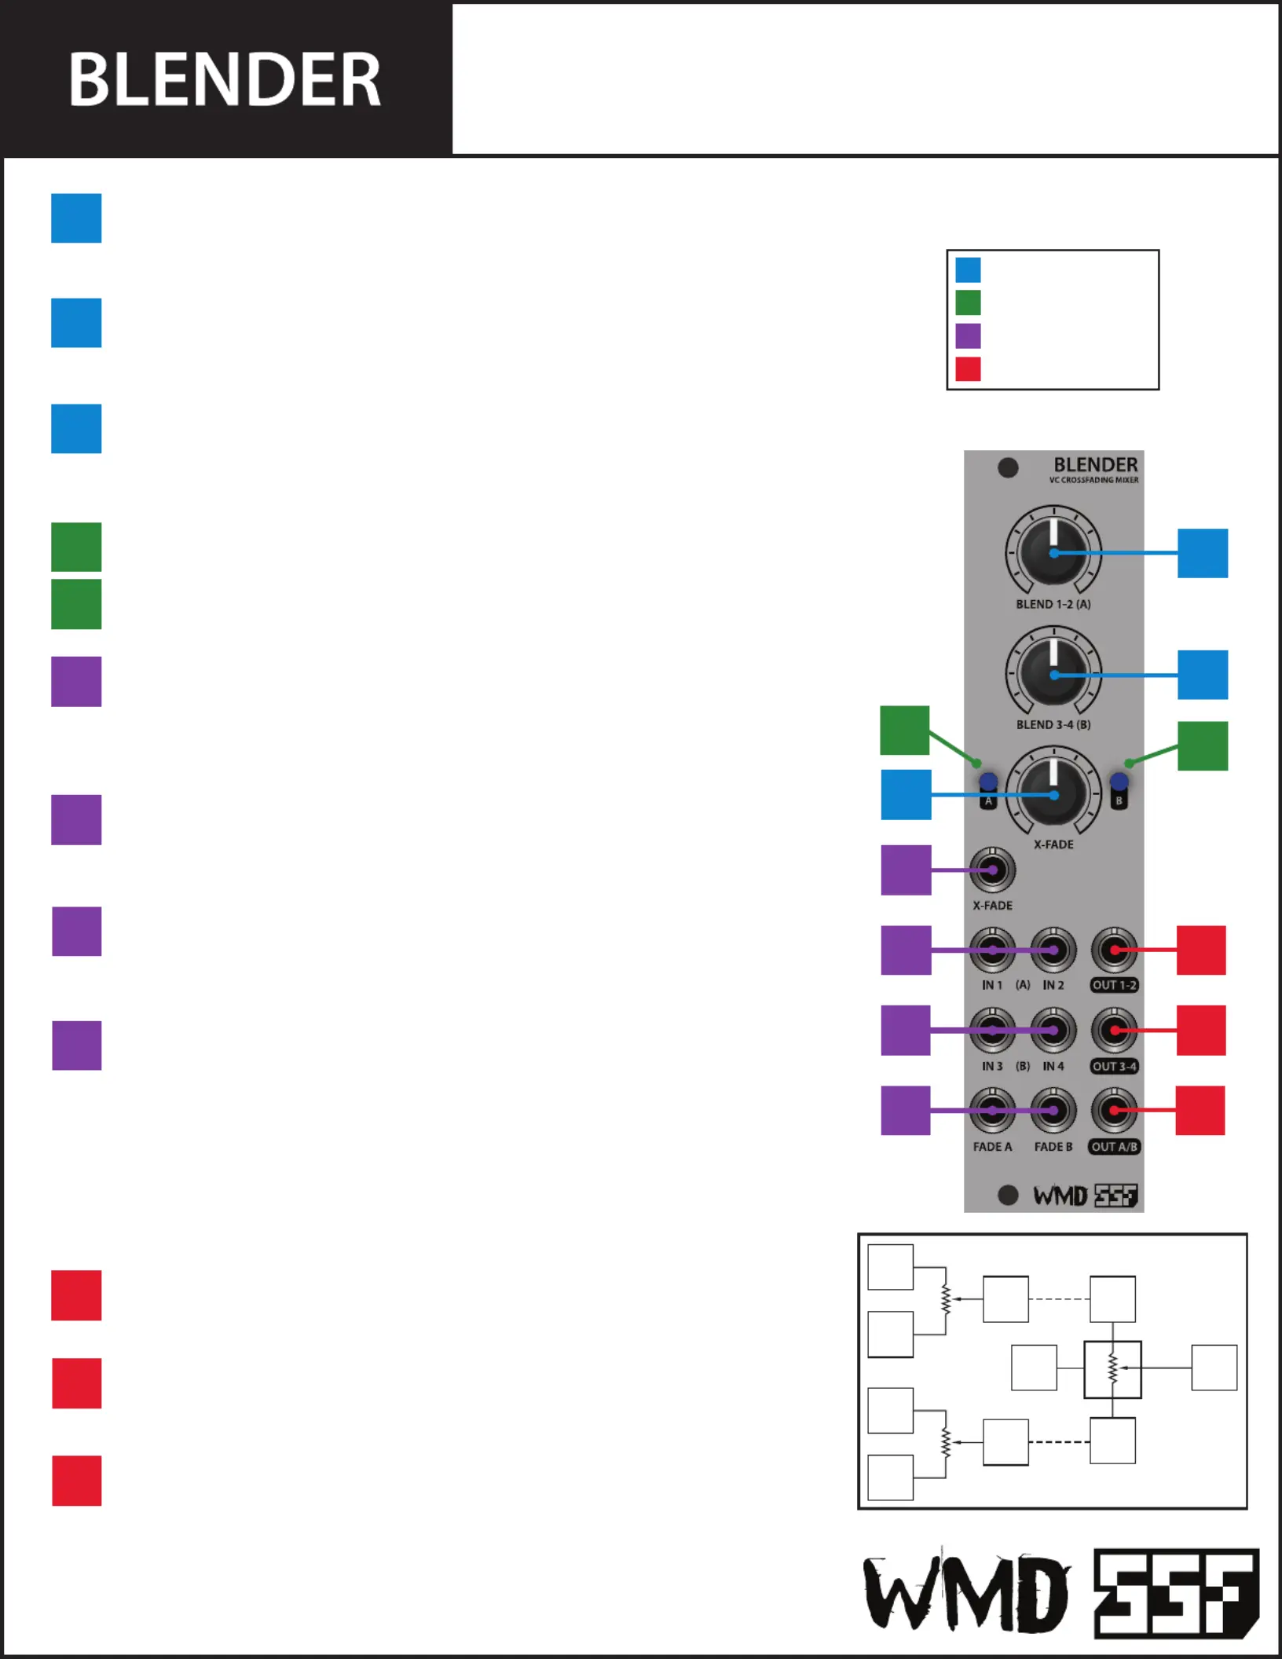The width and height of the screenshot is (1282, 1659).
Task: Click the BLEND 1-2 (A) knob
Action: coord(1053,553)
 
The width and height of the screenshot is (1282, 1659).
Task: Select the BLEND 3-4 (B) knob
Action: coord(1053,674)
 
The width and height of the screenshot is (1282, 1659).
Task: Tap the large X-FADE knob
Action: coord(1053,795)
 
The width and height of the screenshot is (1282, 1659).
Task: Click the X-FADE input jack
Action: coord(993,870)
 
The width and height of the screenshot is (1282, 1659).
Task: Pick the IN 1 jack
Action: coord(993,950)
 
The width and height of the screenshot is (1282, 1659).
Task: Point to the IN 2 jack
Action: coord(1053,950)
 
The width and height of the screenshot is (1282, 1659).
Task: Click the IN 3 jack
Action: coord(993,1031)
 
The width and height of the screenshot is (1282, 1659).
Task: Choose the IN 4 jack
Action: coord(1053,1031)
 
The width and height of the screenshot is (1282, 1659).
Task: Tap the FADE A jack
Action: coord(993,1111)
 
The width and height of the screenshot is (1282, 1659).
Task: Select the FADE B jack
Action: coord(1053,1111)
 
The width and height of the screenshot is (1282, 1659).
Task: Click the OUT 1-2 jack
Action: coord(1114,950)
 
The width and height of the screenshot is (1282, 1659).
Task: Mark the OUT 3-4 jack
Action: coord(1114,1031)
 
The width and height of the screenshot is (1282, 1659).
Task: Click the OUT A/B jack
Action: coord(1114,1111)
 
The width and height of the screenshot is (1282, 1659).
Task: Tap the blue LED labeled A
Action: coord(988,782)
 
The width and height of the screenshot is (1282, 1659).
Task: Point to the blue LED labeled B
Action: coord(1119,782)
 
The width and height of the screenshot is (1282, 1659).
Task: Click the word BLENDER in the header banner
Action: coord(225,79)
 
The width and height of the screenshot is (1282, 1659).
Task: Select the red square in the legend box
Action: coord(968,369)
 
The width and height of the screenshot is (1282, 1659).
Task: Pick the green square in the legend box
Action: coord(968,302)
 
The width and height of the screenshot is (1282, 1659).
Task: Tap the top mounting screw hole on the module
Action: coord(1008,468)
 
